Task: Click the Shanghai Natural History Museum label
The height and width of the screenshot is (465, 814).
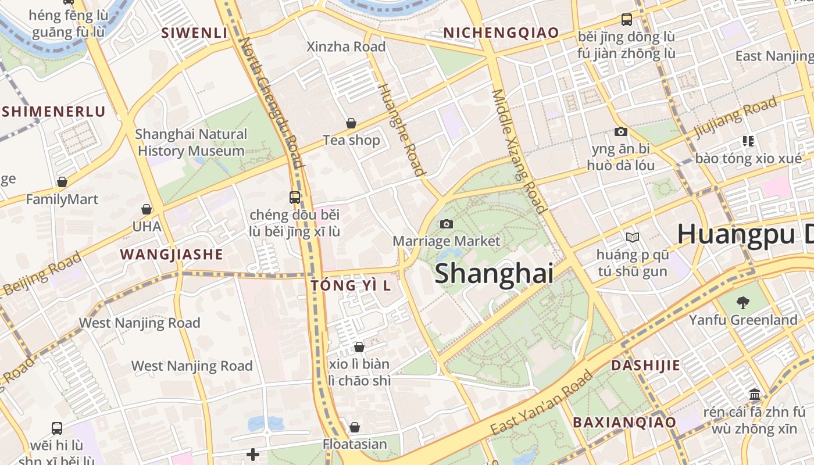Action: [x=191, y=142]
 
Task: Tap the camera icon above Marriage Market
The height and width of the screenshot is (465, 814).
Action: [x=447, y=224]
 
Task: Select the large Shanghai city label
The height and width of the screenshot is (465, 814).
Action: [x=494, y=273]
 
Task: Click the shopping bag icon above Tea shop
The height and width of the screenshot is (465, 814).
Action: [x=351, y=123]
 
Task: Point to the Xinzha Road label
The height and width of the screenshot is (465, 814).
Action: [x=346, y=46]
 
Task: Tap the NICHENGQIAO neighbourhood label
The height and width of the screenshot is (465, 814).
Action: [x=501, y=33]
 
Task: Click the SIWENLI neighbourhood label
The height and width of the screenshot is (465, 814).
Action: [x=194, y=33]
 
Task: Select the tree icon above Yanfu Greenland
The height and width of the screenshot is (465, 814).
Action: [x=742, y=302]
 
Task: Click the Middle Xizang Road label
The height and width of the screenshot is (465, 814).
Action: [x=519, y=151]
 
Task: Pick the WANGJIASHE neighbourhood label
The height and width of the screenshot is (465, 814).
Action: [x=172, y=254]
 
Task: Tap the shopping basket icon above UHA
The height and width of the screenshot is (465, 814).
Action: [x=147, y=209]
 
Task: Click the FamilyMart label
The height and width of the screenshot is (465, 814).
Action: [x=62, y=199]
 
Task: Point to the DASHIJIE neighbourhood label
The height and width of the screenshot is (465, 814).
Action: [x=645, y=366]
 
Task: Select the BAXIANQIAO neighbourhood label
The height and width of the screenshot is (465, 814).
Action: [x=624, y=423]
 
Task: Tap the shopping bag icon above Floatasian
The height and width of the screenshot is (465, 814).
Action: [x=355, y=427]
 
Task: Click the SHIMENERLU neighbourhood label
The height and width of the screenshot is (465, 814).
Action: [x=53, y=112]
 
